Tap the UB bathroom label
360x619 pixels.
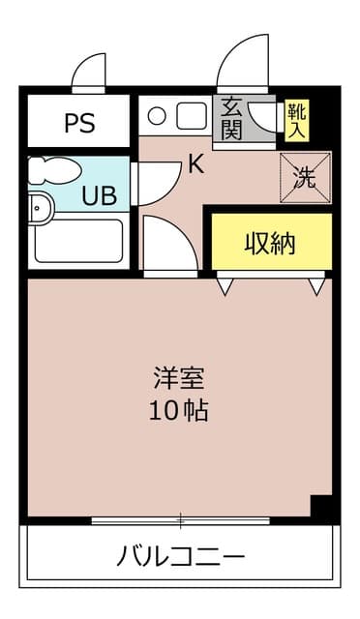point(99,196)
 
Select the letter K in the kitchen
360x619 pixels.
point(195,164)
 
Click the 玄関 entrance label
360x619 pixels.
point(231,119)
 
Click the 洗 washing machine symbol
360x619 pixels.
point(304,177)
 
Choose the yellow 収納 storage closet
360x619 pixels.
point(270,243)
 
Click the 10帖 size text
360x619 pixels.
point(178,410)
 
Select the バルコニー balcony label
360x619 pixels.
point(181,556)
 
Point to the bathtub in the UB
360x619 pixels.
point(78,241)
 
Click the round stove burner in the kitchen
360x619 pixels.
point(157,116)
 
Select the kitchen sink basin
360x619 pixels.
point(191,115)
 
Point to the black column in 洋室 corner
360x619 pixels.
point(321,506)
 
